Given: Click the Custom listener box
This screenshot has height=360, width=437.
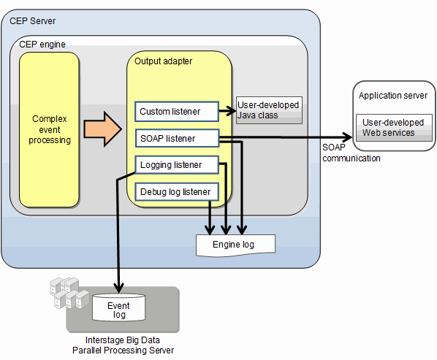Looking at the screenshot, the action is tap(177, 112).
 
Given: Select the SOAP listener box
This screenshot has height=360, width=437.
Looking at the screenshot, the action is tap(178, 138).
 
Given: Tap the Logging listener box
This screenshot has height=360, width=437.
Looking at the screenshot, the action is tap(177, 165).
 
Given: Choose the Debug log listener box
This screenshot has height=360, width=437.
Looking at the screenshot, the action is tap(177, 192).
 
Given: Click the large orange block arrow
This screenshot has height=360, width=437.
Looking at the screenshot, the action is tap(103, 129).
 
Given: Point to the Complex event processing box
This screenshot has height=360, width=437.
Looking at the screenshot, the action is tap(50, 130).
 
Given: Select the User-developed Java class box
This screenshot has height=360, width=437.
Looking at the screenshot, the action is tap(269, 110).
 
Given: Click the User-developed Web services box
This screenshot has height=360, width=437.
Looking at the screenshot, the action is tap(394, 128).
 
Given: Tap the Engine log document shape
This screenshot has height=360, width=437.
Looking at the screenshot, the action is tap(235, 245).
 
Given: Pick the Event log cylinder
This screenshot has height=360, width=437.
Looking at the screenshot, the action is tap(118, 307).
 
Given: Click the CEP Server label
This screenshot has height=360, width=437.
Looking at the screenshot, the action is tap(33, 21).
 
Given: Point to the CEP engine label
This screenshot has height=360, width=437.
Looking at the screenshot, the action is tap(42, 45).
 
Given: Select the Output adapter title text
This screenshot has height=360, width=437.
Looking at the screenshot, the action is tap(163, 61).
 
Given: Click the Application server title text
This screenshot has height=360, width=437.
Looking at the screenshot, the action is tap(393, 96).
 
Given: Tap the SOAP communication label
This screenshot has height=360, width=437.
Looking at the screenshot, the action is tap(351, 153).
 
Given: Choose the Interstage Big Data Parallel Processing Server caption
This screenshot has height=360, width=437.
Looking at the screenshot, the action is tap(123, 345).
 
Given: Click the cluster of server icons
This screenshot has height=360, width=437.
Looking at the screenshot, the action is tap(69, 292).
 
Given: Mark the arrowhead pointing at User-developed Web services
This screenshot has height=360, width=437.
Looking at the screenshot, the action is tap(348, 137).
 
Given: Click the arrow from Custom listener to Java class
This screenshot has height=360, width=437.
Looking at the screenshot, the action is tap(228, 111).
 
